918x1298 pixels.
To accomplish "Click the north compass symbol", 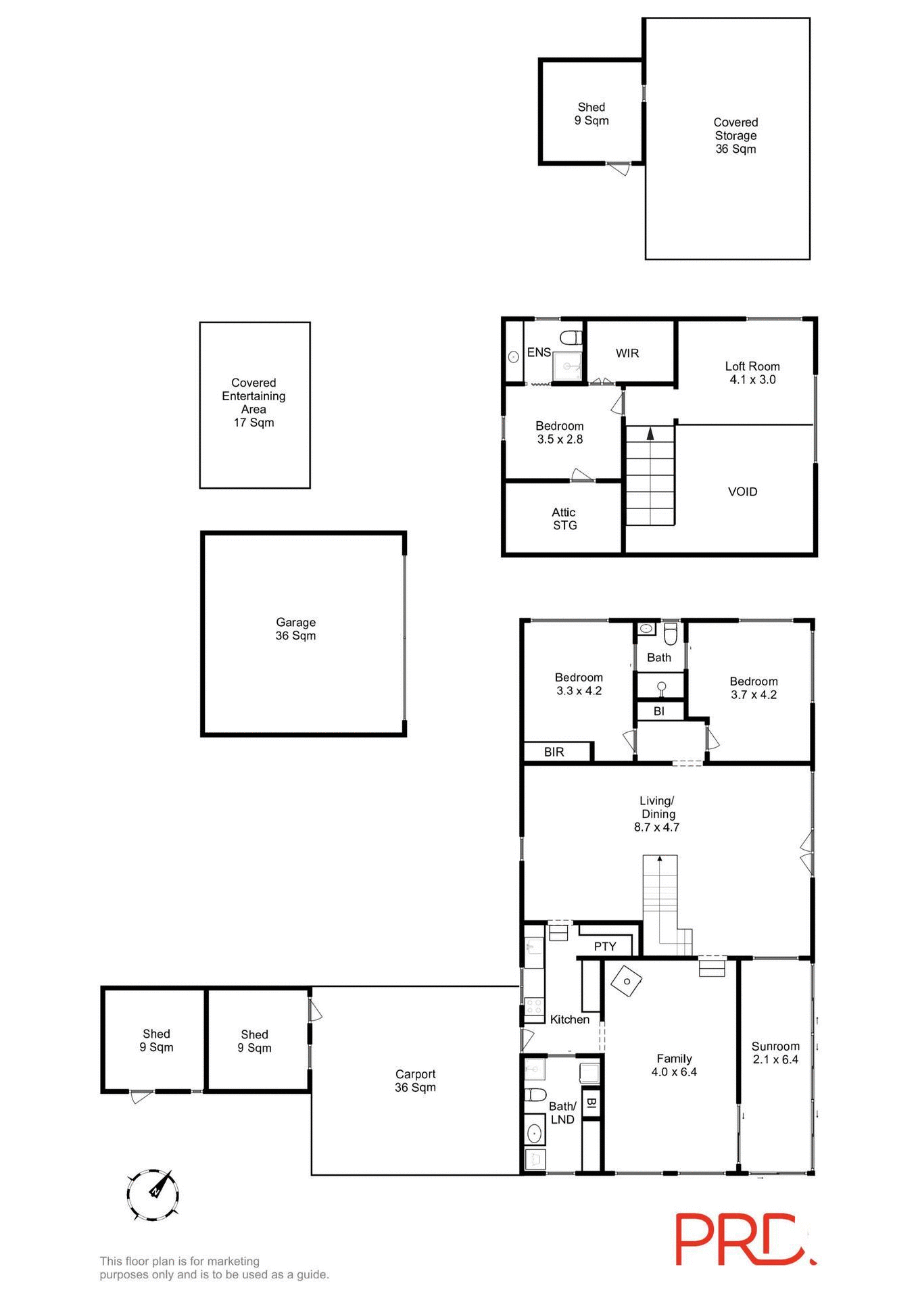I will [x=153, y=1195].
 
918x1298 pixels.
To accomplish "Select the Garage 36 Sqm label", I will [x=295, y=629].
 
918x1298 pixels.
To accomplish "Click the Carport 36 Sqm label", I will [x=415, y=1080].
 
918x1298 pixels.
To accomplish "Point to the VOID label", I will [x=742, y=491].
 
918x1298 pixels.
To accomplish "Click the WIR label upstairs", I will [x=627, y=353].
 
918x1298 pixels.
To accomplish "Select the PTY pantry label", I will [x=605, y=946].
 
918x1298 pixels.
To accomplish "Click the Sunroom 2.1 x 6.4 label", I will [x=775, y=1053].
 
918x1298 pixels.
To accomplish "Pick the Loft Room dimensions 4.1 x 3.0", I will [x=752, y=380].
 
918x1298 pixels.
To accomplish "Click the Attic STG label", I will [x=564, y=519].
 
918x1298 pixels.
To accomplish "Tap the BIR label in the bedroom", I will [x=554, y=752].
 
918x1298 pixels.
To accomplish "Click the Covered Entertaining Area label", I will [x=253, y=402].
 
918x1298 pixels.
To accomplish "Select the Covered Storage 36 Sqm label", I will [x=735, y=135].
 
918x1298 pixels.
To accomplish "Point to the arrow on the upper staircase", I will [x=650, y=433].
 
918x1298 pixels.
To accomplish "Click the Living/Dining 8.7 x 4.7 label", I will [x=657, y=814].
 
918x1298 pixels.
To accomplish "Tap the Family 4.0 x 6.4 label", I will [x=674, y=1065].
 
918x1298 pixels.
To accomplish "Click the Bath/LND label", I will [x=562, y=1113].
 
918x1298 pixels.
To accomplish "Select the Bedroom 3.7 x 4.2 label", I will [x=753, y=688].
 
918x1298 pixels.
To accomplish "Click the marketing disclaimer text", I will [x=214, y=1268].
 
